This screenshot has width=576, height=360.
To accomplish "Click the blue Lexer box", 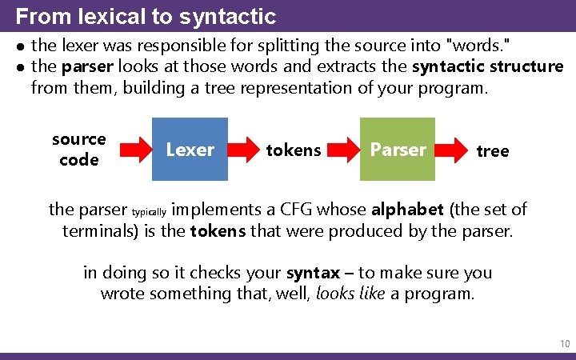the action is (190, 149).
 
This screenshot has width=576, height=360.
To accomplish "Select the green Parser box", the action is (398, 149).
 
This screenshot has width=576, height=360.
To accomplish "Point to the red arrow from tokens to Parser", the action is (342, 149).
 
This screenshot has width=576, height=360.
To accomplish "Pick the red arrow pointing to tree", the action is (455, 149).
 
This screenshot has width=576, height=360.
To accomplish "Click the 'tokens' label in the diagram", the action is (294, 150).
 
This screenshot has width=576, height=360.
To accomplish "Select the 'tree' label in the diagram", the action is (492, 150).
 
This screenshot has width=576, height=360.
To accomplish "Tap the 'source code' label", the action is (79, 150).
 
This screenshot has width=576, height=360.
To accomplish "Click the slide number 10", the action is (565, 344).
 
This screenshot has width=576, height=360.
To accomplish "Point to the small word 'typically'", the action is (149, 213).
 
